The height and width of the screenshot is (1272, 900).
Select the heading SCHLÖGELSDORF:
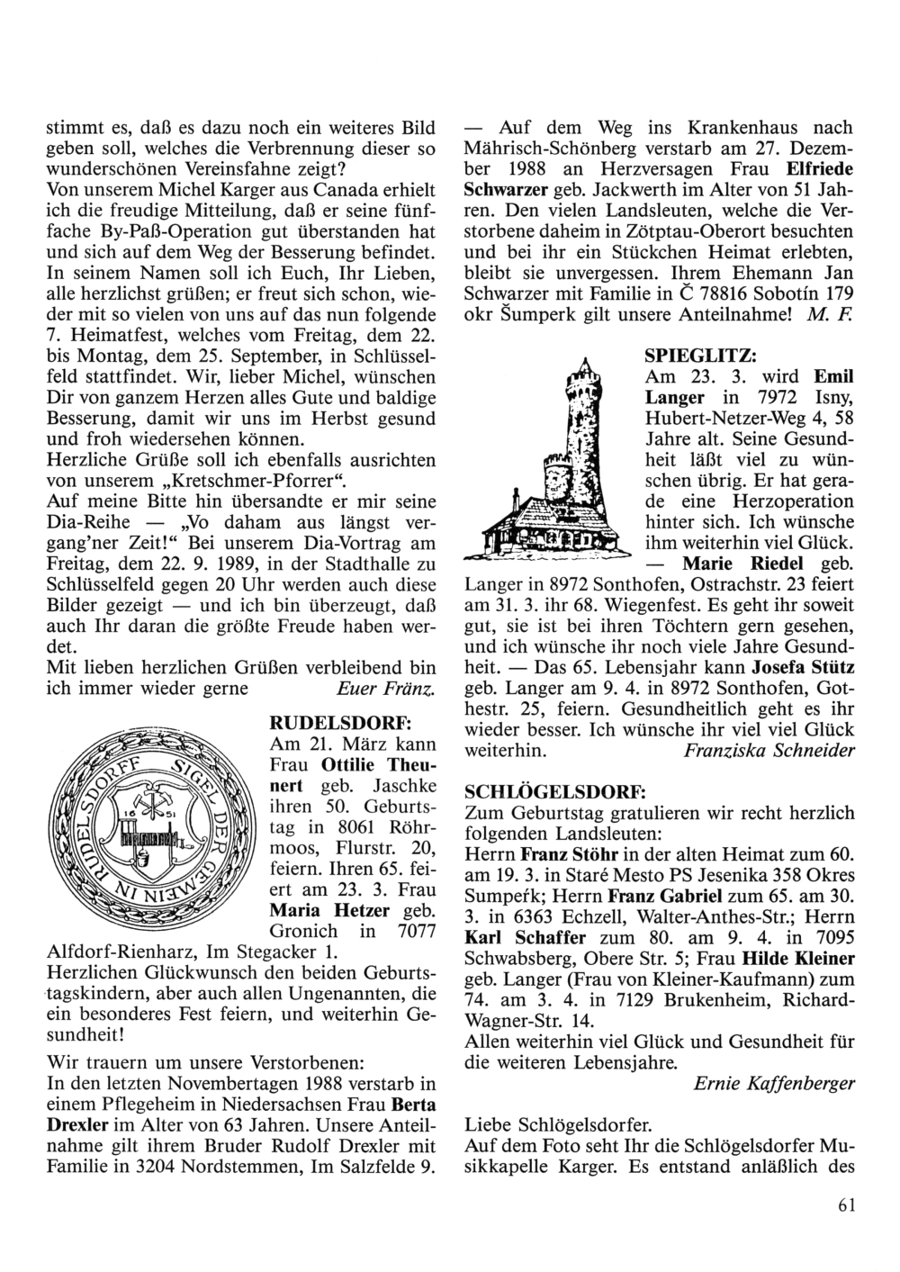click(554, 791)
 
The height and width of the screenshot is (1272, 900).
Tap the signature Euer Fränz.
click(385, 690)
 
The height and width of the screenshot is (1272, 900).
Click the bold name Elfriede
click(820, 168)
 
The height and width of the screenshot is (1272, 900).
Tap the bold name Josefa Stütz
click(802, 668)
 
